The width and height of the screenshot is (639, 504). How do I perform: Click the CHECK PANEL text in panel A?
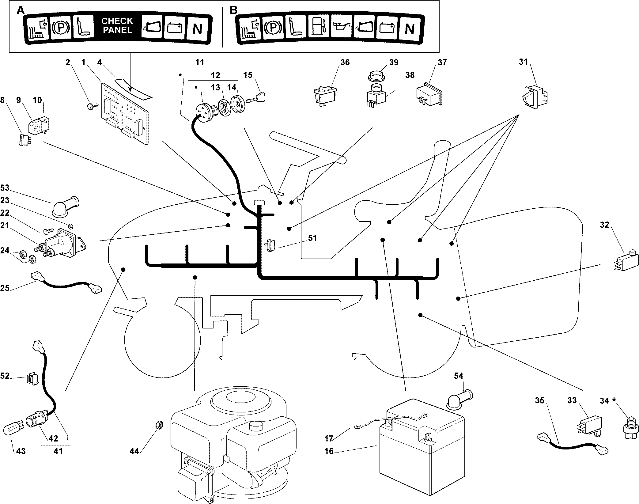pyautogui.click(x=117, y=26)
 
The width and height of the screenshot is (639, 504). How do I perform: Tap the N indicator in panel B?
pyautogui.click(x=410, y=29)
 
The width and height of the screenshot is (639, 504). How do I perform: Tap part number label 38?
pyautogui.click(x=410, y=75)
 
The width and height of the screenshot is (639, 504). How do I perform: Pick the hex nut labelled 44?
pyautogui.click(x=159, y=425)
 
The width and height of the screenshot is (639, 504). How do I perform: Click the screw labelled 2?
pyautogui.click(x=91, y=106)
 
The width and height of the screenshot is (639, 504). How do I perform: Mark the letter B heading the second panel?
pyautogui.click(x=233, y=10)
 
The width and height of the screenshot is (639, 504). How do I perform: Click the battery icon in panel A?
pyautogui.click(x=174, y=28)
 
